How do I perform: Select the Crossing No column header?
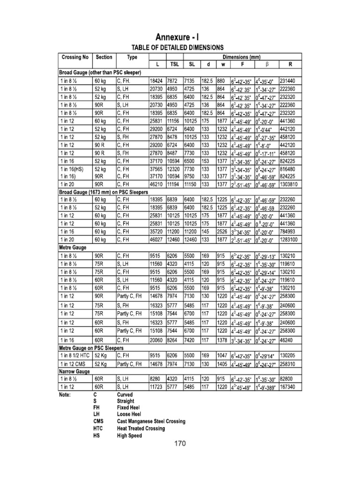[x=75, y=57]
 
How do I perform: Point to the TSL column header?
[x=172, y=64]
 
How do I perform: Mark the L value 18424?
[x=155, y=81]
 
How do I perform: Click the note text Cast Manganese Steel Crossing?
[x=151, y=421]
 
